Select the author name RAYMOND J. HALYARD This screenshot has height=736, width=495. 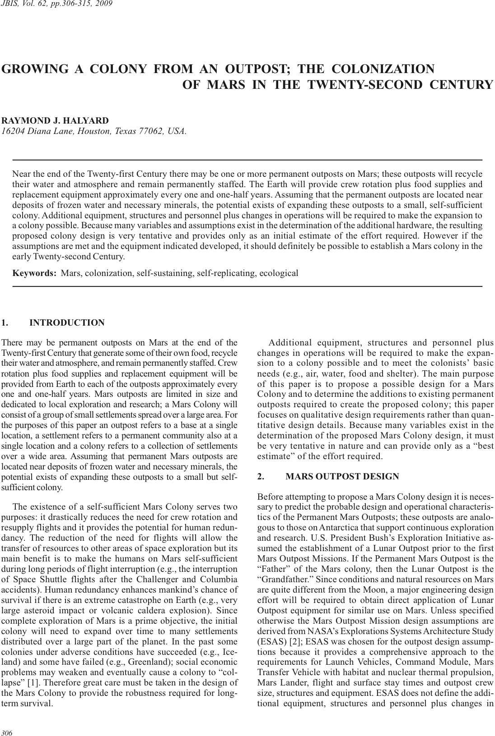tap(55, 120)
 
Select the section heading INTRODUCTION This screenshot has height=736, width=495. tap(67, 322)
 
